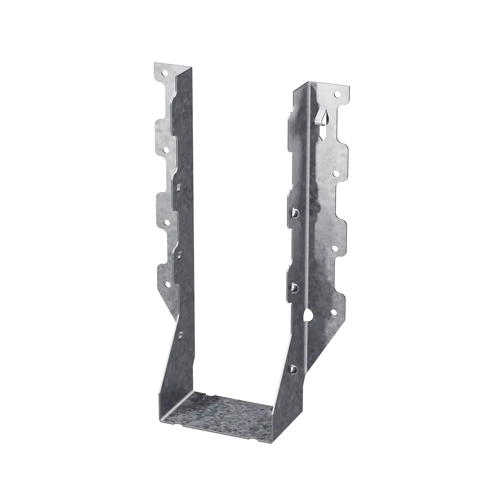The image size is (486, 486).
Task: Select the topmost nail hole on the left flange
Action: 164,74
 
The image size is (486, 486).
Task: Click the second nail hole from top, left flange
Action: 166,150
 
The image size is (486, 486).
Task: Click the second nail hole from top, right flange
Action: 336,174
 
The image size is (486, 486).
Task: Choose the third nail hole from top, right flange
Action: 334,248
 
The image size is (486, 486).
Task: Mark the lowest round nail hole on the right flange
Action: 333,312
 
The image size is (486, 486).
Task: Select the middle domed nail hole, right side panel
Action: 295,287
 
